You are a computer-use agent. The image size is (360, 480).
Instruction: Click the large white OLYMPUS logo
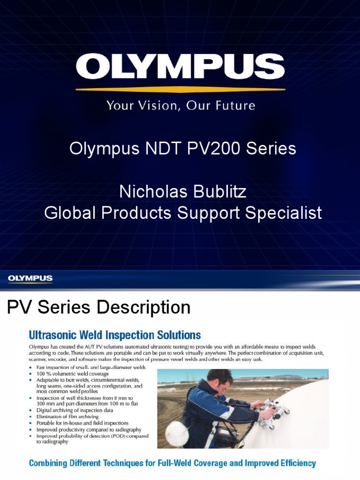coord(180,67)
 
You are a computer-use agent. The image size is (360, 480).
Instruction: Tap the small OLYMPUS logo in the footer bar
coord(30,279)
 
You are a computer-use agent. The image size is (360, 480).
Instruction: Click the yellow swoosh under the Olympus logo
coord(180,89)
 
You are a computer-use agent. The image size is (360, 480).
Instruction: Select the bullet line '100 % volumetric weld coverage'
coord(73,374)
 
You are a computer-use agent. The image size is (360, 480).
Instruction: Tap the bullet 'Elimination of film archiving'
coord(67,416)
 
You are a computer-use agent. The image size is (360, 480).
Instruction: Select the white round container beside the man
coord(178,434)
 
